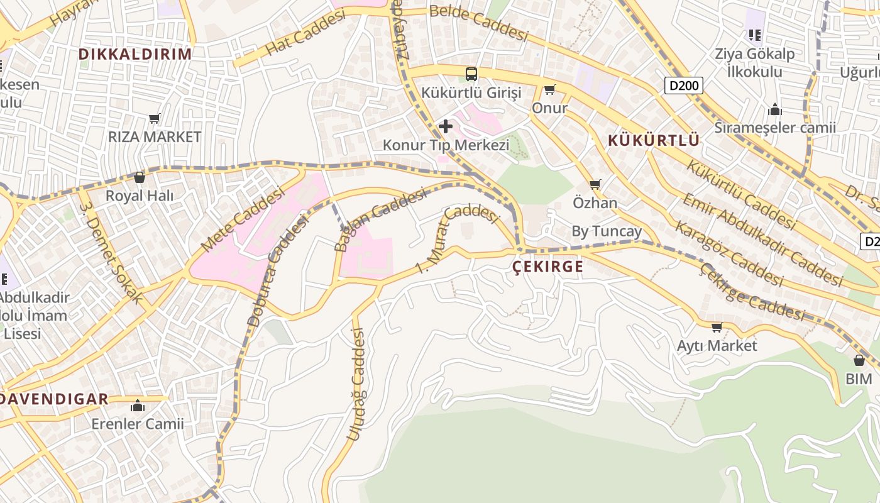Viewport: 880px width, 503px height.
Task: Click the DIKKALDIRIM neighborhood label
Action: [x=135, y=54]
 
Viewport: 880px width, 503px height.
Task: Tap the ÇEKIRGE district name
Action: [x=548, y=267]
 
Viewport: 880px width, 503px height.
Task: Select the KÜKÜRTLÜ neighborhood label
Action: [x=654, y=140]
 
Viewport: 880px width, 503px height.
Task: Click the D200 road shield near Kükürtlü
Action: [x=683, y=86]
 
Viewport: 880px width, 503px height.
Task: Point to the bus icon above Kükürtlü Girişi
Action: [x=471, y=74]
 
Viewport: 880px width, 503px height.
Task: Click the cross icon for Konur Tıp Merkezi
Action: [x=446, y=126]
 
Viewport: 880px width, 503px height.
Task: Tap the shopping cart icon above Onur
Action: [x=550, y=89]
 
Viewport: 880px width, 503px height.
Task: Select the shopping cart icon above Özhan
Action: [x=595, y=185]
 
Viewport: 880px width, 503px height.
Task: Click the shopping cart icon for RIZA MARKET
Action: [x=155, y=118]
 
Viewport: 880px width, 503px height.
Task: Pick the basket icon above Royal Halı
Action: [x=140, y=177]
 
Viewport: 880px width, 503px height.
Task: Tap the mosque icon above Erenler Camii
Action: [x=138, y=406]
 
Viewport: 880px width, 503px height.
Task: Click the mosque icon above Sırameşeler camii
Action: [x=775, y=110]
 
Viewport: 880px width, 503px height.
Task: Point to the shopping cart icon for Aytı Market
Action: [x=717, y=327]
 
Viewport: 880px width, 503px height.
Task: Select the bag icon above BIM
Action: [x=859, y=360]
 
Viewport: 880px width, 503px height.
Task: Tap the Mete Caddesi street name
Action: [x=243, y=220]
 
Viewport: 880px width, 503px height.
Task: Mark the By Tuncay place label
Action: [x=607, y=231]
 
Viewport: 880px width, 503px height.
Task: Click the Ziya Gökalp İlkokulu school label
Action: [x=754, y=62]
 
